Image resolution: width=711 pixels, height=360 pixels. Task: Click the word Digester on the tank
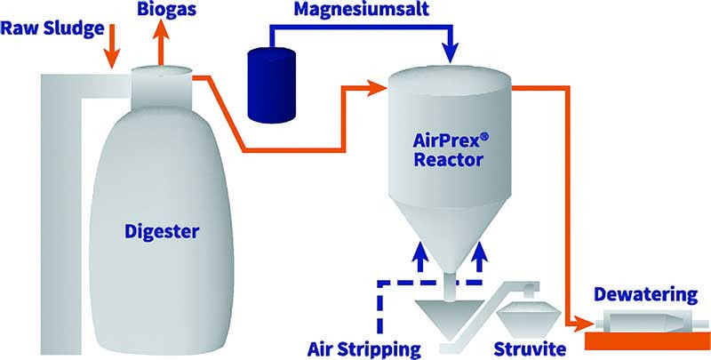pos(159,233)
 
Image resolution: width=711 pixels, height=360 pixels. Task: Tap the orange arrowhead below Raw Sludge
pos(111,61)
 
